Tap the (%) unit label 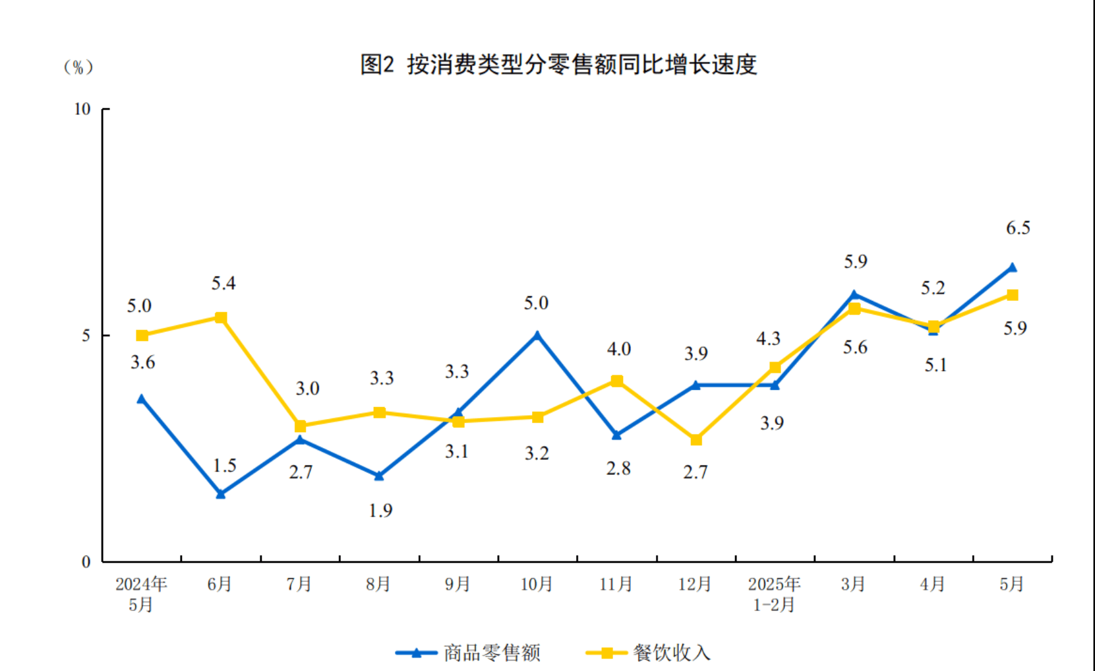point(78,67)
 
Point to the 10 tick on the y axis point(82,109)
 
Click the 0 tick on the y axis point(86,562)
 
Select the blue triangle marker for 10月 point(537,335)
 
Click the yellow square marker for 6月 point(221,318)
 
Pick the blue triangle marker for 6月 point(221,494)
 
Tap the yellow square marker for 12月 point(695,439)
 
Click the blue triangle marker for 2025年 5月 point(1012,267)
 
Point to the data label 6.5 point(1018,228)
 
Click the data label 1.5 point(224,466)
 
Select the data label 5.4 point(223,284)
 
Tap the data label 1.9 point(380,511)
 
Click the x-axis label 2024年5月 point(141,594)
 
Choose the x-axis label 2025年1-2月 point(774,594)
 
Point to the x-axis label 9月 point(458,585)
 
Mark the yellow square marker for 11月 point(616,381)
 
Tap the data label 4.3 point(768,339)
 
